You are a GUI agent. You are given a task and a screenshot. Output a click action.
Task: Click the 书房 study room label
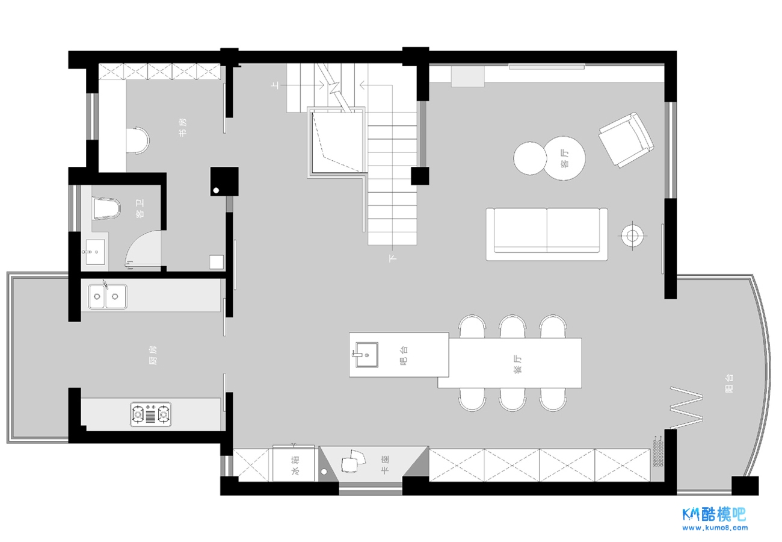pos(183,128)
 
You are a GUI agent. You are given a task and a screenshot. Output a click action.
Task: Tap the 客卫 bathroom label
pos(140,208)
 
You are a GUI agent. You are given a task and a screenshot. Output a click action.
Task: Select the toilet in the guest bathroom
pos(106,208)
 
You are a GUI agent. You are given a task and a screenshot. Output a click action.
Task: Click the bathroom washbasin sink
pos(95,252)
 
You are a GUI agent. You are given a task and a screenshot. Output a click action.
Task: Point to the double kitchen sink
pos(107,296)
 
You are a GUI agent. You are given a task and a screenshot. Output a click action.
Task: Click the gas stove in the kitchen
pos(151,414)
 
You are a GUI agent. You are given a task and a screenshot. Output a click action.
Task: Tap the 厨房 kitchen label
pos(153,355)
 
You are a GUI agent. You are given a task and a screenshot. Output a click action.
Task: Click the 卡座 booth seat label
pos(385,464)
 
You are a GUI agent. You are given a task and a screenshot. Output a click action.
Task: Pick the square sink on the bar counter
pos(366,355)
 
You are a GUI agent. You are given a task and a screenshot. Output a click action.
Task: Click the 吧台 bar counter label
pos(404,356)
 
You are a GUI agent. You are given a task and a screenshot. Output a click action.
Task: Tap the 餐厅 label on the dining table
pos(518,364)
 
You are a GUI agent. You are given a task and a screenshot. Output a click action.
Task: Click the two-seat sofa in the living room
pos(547,234)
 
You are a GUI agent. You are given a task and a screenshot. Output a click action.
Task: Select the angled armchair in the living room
pos(626,140)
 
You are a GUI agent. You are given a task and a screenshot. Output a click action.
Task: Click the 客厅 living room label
pos(565,158)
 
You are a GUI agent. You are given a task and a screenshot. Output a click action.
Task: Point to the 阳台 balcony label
pos(729,384)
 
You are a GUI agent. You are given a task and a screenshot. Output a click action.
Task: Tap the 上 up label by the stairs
pos(276,85)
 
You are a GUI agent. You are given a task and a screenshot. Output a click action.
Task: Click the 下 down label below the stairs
pos(392,258)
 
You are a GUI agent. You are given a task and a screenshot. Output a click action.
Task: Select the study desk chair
pos(138,140)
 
